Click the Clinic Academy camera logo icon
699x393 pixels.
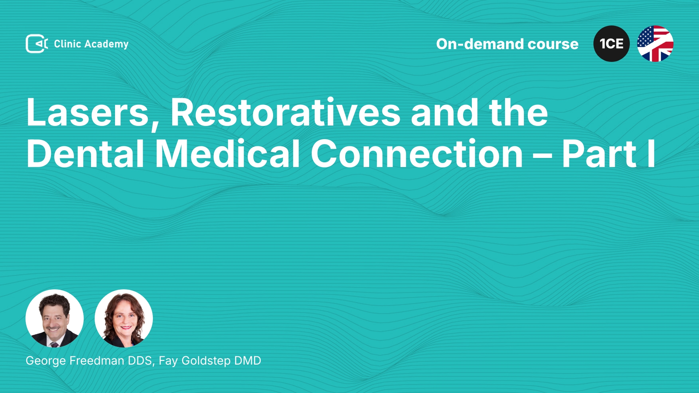[37, 44]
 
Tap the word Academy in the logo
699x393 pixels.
[106, 44]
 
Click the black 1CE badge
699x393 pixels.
[612, 44]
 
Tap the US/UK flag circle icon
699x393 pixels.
[655, 44]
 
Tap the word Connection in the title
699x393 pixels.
[417, 154]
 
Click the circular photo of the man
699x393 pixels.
[55, 318]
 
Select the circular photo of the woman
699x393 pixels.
[124, 318]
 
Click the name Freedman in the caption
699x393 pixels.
[97, 361]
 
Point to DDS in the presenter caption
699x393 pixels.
[141, 361]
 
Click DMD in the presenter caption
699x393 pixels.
[248, 361]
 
